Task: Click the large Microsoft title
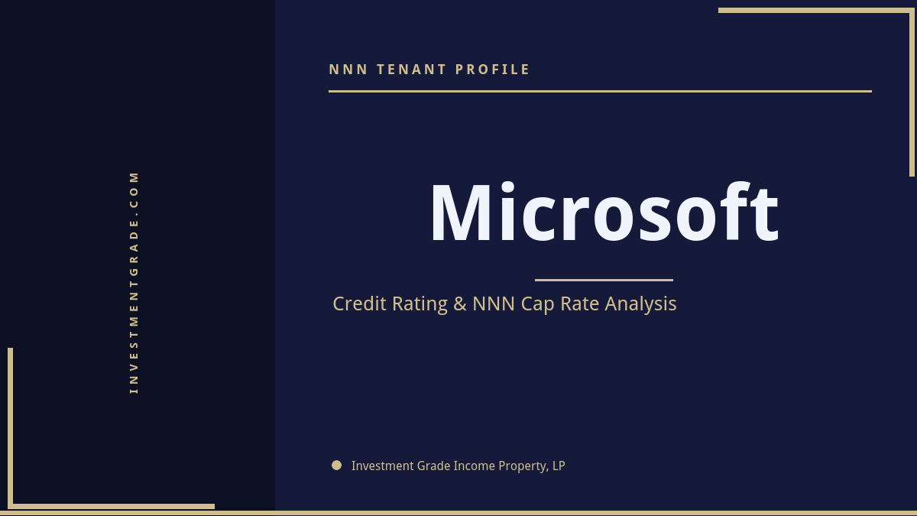coord(604,214)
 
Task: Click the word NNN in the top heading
coord(348,70)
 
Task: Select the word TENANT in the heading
coord(412,70)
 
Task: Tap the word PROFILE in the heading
coord(493,70)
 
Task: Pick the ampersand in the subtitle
coord(459,304)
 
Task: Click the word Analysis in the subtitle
coord(640,304)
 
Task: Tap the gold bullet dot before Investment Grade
coord(336,465)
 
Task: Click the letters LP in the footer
coord(559,466)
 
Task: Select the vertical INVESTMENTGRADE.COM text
coord(134,282)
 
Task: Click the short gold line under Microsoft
coord(604,280)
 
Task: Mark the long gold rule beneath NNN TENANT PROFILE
coord(600,91)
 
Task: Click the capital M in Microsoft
coord(458,214)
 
